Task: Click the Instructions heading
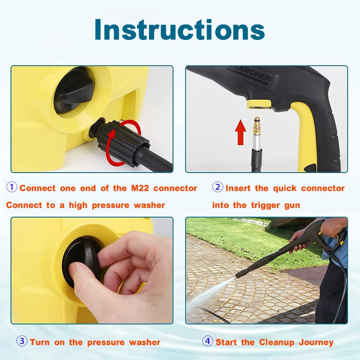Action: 180,30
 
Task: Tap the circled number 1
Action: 12,187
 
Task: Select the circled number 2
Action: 218,187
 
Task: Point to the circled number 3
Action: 22,341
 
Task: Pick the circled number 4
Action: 208,341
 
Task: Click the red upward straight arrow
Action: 240,132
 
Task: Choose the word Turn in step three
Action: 40,342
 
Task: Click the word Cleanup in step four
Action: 276,343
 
